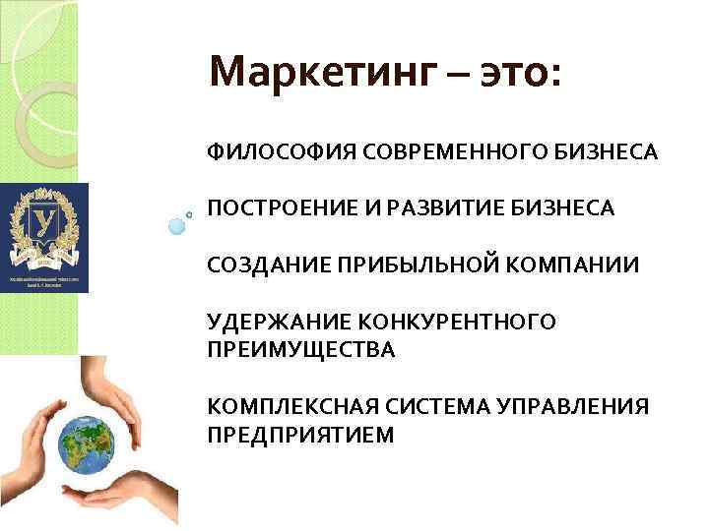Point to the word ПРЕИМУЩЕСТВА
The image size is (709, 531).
300,349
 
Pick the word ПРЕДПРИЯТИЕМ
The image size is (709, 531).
300,435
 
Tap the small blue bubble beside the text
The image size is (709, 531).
177,225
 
